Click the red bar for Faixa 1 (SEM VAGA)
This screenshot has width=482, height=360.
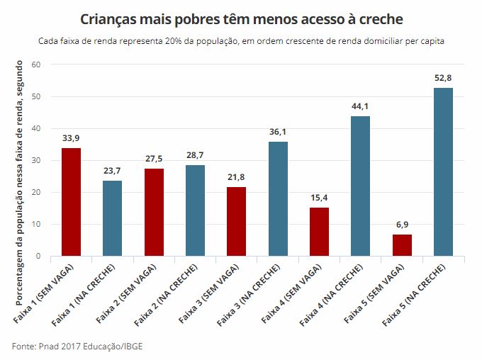(x=71, y=202)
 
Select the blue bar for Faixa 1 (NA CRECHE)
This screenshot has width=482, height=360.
(x=112, y=218)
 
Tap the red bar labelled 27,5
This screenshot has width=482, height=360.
(x=154, y=212)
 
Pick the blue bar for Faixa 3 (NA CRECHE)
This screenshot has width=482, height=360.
(x=278, y=198)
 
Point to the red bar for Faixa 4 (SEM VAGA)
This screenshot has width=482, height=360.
(x=319, y=232)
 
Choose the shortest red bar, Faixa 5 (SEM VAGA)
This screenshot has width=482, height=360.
(x=402, y=245)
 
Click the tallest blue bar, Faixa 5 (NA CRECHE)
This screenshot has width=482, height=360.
(x=443, y=171)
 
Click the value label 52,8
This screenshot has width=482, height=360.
(x=443, y=77)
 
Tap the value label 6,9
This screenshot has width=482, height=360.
(x=402, y=224)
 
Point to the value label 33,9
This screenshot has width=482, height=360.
(x=71, y=138)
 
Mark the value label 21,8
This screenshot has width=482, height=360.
(x=237, y=176)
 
